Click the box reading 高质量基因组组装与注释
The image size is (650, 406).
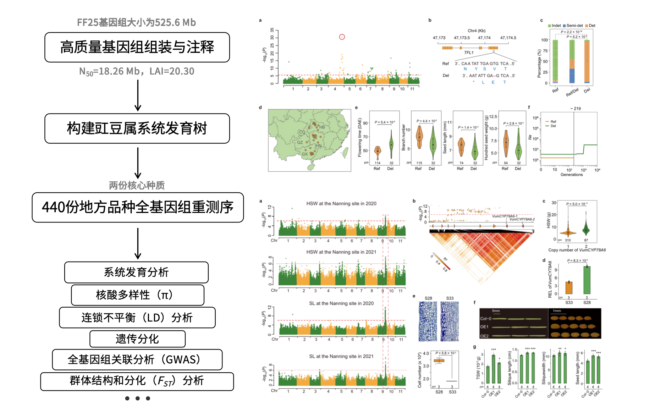pos(137,47)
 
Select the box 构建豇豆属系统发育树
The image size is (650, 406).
pos(137,128)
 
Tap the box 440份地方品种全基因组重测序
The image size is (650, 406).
pos(138,207)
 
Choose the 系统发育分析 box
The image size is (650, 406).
pos(136,272)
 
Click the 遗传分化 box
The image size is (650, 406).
pos(137,339)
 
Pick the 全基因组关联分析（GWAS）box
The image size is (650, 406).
pos(137,360)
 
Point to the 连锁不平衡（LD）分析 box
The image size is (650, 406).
pos(137,317)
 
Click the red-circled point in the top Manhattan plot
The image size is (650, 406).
pos(342,37)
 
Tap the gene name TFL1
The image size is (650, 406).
pos(469,53)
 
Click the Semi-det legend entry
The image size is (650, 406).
pos(574,26)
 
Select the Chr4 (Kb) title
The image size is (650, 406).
pos(477,31)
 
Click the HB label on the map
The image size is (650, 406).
pos(322,127)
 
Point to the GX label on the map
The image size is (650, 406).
pos(305,154)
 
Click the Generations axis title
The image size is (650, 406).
pos(572,175)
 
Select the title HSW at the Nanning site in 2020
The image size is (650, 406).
pos(341,203)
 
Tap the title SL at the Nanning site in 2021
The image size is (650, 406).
pos(341,356)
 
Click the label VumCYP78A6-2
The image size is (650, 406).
pos(522,219)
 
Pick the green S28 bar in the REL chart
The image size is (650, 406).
pos(587,280)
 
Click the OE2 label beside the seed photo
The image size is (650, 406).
pos(484,336)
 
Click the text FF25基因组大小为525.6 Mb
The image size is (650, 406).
pos(137,22)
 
